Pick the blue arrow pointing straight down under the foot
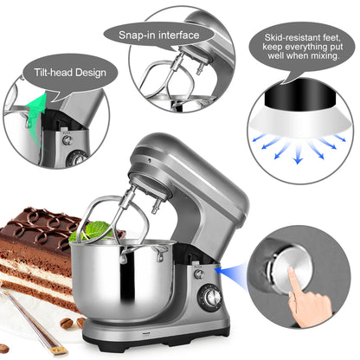click(299, 155)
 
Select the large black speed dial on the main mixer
click(210, 297)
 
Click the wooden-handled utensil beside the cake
click(35, 322)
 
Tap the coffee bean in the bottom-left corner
click(4, 349)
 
